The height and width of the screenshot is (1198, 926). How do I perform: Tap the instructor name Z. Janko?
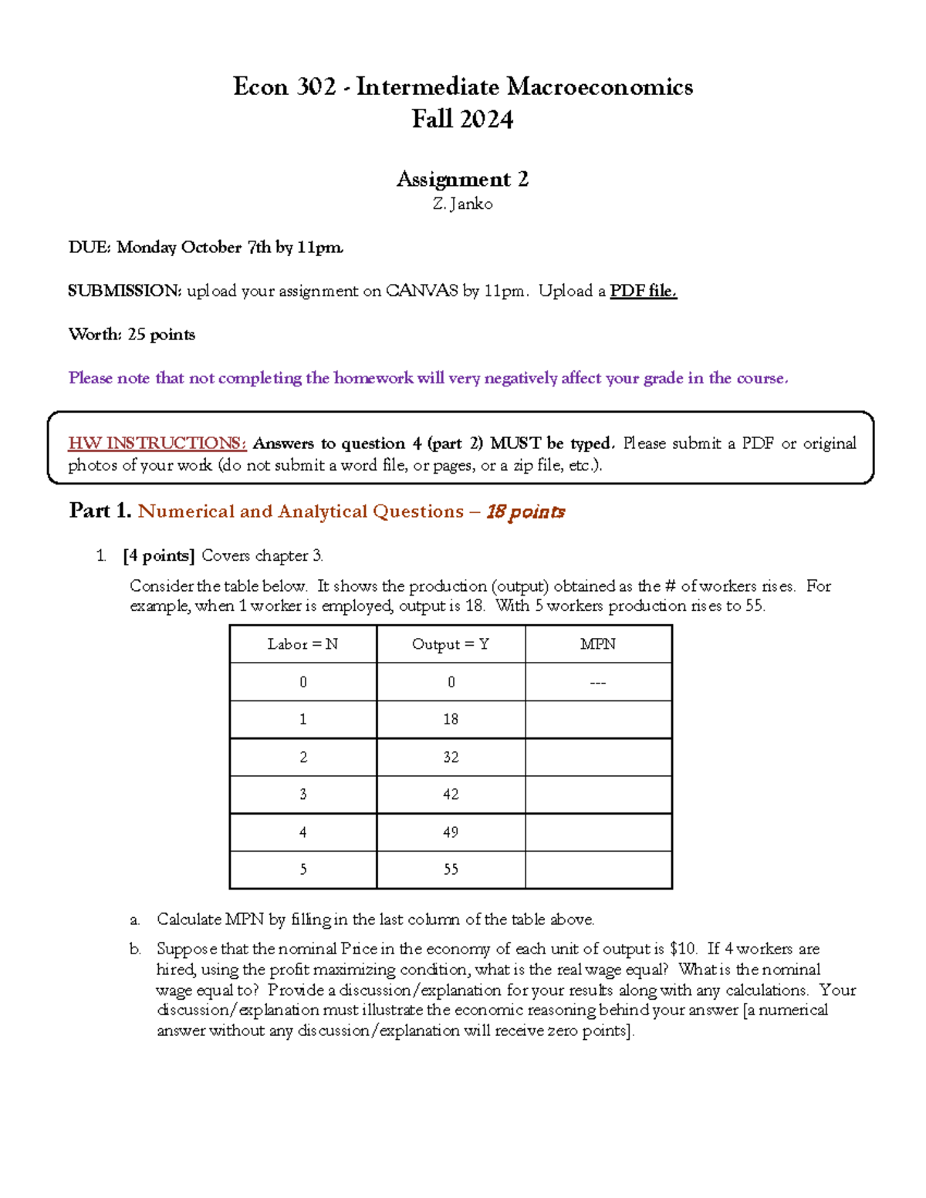(x=462, y=204)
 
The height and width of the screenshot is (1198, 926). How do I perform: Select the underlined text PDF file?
(x=643, y=291)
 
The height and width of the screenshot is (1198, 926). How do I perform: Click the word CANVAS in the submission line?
(x=421, y=291)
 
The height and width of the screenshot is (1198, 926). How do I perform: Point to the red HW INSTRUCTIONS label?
(x=157, y=444)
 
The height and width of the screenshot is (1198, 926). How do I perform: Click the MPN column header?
(x=598, y=644)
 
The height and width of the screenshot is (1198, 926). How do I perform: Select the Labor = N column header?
(x=302, y=644)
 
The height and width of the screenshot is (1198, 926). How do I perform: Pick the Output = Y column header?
(x=451, y=644)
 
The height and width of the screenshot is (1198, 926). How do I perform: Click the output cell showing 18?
(x=451, y=720)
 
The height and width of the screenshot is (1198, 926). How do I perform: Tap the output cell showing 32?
(x=451, y=758)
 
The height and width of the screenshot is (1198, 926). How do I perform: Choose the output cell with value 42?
(x=451, y=795)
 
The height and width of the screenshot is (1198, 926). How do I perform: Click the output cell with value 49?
(x=451, y=832)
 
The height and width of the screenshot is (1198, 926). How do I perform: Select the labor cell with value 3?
(x=302, y=795)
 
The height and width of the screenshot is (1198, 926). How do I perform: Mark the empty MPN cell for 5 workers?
(x=598, y=870)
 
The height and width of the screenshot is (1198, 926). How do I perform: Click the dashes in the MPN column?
(x=598, y=683)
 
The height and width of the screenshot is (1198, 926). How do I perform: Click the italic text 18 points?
(x=526, y=512)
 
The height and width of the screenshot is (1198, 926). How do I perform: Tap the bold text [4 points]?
(x=158, y=556)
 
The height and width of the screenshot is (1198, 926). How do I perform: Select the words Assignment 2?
(x=462, y=180)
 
